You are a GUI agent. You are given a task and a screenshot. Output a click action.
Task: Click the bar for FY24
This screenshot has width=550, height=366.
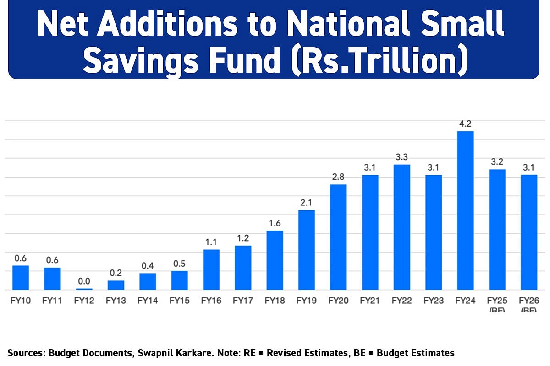(465, 210)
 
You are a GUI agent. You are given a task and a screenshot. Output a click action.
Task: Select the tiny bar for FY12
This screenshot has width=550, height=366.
(84, 289)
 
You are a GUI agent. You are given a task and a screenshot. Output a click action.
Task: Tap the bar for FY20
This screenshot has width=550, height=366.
(338, 237)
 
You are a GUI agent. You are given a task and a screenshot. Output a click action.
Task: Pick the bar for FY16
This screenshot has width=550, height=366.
(211, 269)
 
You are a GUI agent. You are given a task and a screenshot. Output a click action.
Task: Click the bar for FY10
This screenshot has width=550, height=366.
(21, 277)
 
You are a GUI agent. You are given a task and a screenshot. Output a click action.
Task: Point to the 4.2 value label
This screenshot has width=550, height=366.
(465, 124)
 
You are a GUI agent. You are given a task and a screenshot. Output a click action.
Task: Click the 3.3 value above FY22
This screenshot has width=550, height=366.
(402, 157)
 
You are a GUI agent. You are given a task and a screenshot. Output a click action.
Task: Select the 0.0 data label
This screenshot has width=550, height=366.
(84, 281)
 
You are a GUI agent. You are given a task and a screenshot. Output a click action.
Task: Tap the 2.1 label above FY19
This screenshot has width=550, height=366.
(307, 203)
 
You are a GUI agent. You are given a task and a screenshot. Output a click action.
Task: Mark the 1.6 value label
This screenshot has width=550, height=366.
(275, 223)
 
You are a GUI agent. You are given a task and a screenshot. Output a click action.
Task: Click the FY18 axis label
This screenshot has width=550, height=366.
(275, 301)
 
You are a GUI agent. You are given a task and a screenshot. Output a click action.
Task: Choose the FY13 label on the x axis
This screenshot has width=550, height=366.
(115, 301)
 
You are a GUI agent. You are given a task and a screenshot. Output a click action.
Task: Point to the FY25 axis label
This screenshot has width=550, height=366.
(497, 301)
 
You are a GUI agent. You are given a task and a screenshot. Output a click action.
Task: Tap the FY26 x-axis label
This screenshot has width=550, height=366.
(529, 301)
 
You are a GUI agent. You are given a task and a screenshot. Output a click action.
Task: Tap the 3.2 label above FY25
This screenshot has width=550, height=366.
(497, 162)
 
